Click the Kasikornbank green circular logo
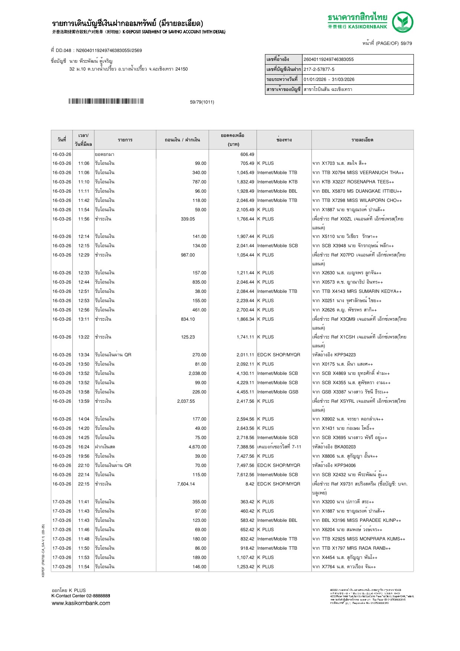point(402,22)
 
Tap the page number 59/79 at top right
point(406,43)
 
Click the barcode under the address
point(106,101)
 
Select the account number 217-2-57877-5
point(319,69)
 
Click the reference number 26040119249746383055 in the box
point(329,59)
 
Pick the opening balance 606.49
point(247,154)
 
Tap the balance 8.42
point(250,484)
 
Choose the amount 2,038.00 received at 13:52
point(197,373)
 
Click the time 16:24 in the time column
point(84,447)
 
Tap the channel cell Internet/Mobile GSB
point(278,392)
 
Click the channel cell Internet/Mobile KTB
point(277,182)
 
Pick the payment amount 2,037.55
point(186,401)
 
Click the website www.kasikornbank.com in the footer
point(81,603)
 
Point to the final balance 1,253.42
point(245,567)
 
